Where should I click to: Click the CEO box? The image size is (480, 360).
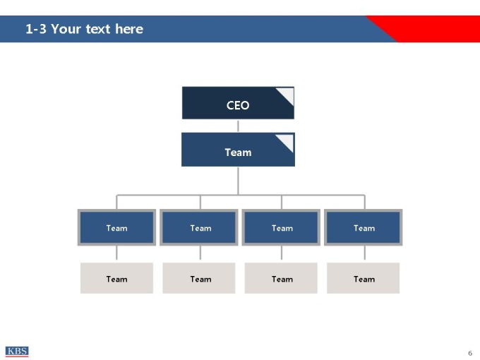[x=238, y=103]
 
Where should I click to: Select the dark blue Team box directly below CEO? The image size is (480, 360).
[x=238, y=150]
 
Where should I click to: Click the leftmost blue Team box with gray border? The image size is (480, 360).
[x=116, y=227]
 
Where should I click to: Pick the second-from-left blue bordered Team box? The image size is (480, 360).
[x=199, y=227]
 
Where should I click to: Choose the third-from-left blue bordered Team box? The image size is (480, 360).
[x=281, y=227]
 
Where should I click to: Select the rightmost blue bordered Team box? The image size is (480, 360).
[x=363, y=227]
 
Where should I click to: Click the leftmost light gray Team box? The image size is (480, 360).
[x=116, y=278]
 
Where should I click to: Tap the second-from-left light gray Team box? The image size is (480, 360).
[x=199, y=278]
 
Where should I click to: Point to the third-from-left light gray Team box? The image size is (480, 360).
[x=281, y=278]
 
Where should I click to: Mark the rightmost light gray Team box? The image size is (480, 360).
[x=363, y=278]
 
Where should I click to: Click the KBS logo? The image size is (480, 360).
[x=17, y=352]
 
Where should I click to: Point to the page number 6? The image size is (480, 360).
[x=470, y=353]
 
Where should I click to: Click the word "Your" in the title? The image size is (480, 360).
[x=66, y=29]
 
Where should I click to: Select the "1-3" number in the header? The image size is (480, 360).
[x=36, y=29]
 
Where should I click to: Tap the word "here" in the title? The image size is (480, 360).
[x=129, y=29]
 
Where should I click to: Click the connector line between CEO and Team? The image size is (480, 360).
[x=238, y=126]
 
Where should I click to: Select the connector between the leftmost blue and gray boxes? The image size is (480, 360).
[x=116, y=253]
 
